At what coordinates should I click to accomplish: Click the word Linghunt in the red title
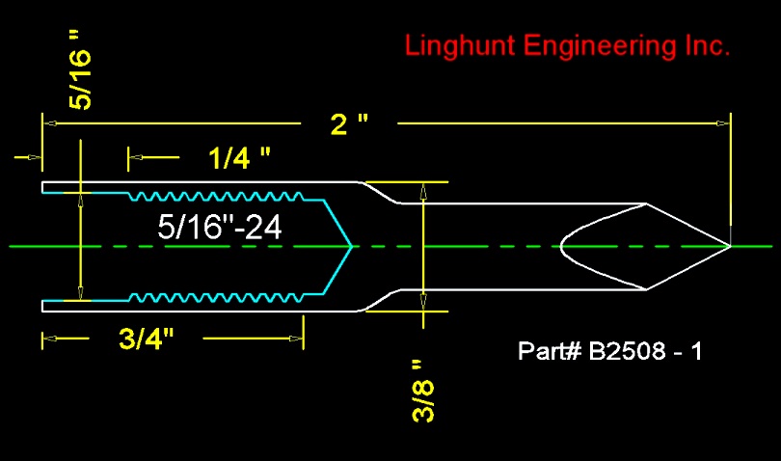coord(460,47)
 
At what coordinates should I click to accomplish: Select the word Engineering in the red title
coord(600,47)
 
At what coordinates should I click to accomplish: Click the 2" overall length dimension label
coord(349,123)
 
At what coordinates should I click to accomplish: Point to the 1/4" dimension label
coord(239,158)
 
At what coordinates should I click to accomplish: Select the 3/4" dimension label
coord(147,339)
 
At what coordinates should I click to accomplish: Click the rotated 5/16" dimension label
coord(81,69)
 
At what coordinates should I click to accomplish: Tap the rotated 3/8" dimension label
coord(423,392)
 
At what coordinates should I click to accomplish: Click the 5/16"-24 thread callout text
coord(220,227)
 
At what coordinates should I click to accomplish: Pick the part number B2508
coord(627,351)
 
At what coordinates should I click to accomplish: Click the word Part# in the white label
coord(550,351)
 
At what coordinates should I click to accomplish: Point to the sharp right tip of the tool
coord(730,246)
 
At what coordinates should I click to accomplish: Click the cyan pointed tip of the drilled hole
coord(352,246)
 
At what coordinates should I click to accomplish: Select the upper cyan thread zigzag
coord(216,197)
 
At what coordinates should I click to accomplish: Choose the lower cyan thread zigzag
coord(216,298)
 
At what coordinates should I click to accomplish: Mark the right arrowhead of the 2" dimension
coord(723,123)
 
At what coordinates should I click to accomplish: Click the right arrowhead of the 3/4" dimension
coord(296,339)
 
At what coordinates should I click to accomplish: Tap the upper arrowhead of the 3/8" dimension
coord(423,191)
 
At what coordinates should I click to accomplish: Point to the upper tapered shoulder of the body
coord(381,192)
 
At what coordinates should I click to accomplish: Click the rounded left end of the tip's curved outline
coord(561,246)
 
